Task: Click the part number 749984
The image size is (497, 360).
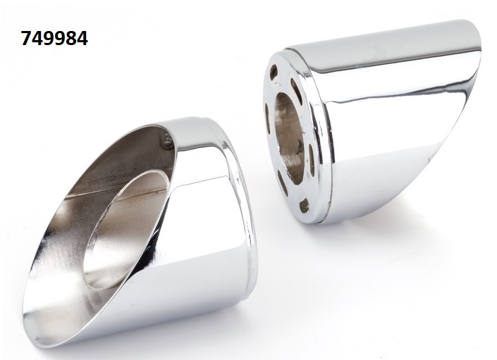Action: (x=54, y=39)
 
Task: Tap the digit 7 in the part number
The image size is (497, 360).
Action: (x=26, y=39)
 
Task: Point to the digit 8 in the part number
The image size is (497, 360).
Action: (x=71, y=39)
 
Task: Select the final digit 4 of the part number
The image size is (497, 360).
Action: (x=82, y=39)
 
